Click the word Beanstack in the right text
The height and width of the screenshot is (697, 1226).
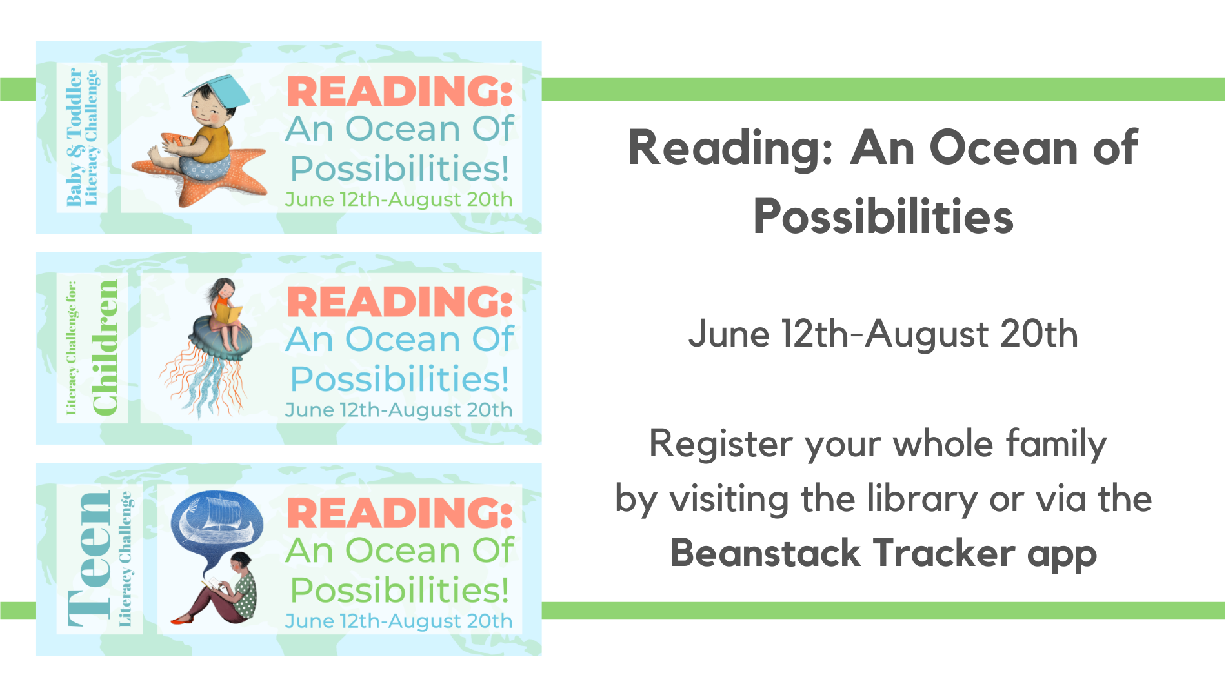765,554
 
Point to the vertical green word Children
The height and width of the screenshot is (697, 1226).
105,348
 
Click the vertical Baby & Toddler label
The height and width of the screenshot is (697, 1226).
75,137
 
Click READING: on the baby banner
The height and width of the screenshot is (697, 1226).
400,91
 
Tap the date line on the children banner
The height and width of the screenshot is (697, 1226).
399,410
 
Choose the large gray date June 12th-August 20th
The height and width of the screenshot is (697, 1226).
883,335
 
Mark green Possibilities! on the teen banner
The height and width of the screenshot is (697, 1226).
400,590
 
